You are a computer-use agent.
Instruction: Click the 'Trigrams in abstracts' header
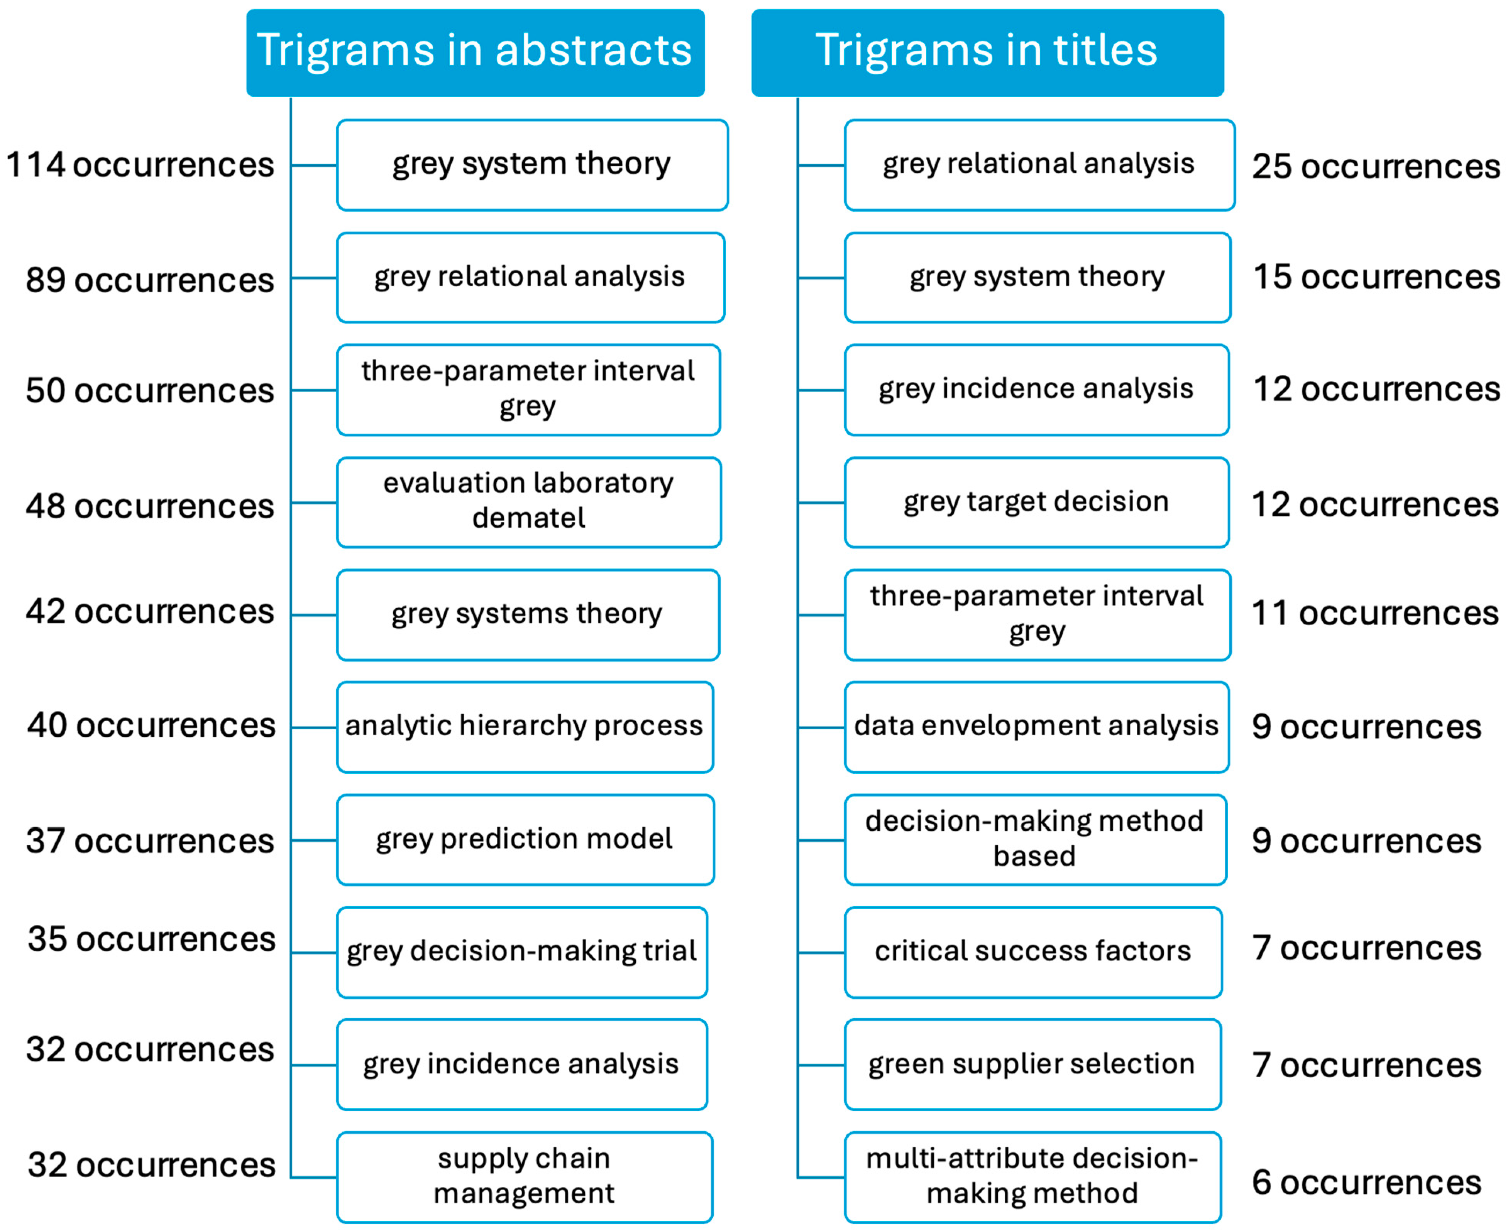click(475, 52)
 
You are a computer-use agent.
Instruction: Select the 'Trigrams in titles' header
click(987, 52)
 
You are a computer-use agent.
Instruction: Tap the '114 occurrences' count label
click(140, 165)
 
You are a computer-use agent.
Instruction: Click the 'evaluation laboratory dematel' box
click(529, 502)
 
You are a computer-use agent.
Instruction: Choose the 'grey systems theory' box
click(528, 614)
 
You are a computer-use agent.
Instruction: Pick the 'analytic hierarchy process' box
click(525, 726)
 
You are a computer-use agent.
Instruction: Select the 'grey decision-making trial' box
click(522, 952)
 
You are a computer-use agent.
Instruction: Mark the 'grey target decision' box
click(1036, 502)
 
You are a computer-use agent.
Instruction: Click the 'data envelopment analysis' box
click(1036, 726)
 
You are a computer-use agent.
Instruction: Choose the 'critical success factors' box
click(1033, 952)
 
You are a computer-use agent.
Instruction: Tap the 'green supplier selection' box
click(1032, 1064)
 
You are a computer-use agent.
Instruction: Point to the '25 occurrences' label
click(1376, 167)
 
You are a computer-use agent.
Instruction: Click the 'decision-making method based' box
click(1035, 839)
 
